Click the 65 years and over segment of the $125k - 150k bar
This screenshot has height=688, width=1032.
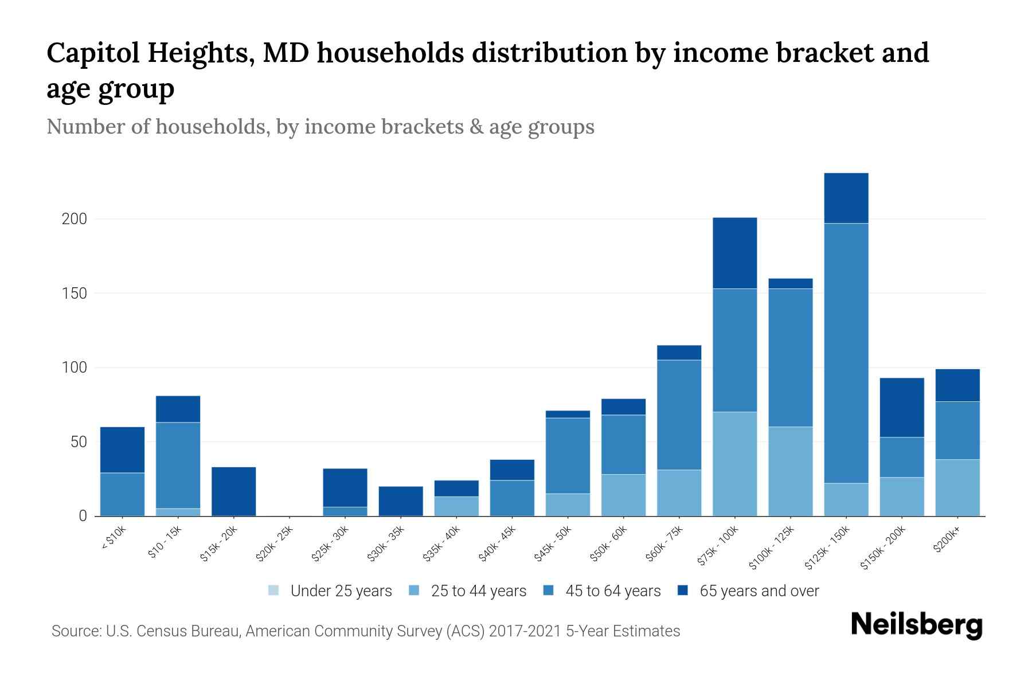(x=846, y=198)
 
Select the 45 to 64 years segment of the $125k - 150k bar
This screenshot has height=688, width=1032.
(x=846, y=353)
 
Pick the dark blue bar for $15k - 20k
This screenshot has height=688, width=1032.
(x=233, y=491)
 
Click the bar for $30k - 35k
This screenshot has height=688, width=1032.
(x=401, y=501)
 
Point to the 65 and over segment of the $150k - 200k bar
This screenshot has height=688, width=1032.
(x=901, y=407)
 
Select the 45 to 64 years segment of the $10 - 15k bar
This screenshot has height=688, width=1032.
(x=178, y=465)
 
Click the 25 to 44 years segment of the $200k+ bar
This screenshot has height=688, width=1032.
(x=957, y=487)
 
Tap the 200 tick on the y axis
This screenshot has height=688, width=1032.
(x=74, y=219)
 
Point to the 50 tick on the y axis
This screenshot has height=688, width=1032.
(x=78, y=442)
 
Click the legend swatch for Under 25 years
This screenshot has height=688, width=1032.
(x=274, y=591)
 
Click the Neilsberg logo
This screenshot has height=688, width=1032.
(x=916, y=626)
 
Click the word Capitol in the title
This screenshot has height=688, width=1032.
(x=92, y=53)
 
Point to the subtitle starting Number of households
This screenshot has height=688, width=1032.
(x=320, y=126)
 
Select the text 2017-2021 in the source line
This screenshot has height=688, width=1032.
(x=525, y=631)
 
